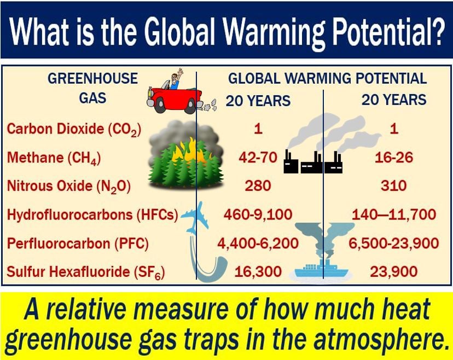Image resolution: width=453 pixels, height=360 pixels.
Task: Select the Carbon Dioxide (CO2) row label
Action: tap(74, 129)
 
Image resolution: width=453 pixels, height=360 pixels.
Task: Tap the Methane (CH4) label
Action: tap(54, 158)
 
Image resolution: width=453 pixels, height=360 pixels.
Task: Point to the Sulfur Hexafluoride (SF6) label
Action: tap(85, 272)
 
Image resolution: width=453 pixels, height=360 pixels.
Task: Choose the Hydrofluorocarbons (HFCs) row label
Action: tap(92, 214)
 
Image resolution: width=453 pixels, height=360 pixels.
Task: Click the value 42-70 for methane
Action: tap(258, 158)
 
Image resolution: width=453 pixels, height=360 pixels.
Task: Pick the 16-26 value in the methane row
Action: tap(394, 158)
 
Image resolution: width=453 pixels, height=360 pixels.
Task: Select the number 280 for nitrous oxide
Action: tap(258, 186)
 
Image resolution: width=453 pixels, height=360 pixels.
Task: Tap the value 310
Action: tap(394, 186)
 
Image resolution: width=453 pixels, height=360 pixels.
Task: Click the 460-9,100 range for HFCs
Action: tap(258, 214)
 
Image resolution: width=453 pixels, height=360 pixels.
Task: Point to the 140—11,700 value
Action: tap(394, 214)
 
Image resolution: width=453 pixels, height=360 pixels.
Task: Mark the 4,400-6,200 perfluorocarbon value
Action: tap(258, 243)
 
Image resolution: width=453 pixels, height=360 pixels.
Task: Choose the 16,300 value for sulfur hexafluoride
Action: tap(258, 272)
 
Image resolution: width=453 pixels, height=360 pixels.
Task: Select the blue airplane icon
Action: tap(195, 217)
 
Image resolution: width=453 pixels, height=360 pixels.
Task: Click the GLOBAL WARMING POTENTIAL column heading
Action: tap(327, 79)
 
